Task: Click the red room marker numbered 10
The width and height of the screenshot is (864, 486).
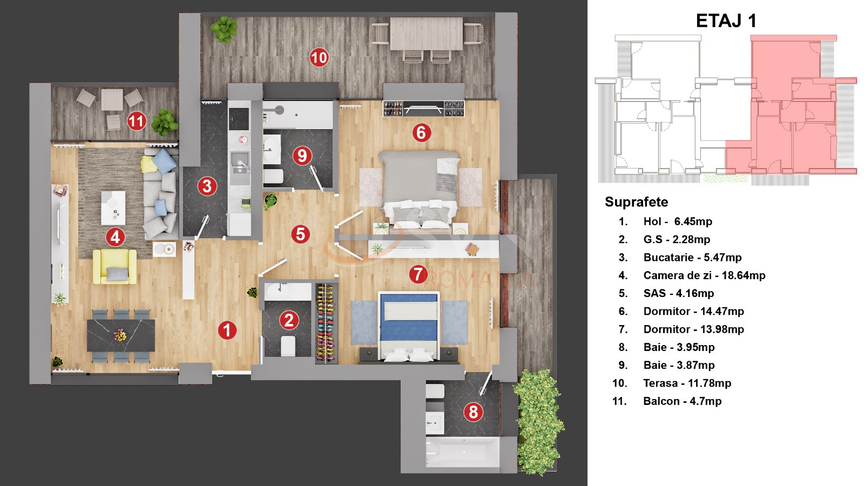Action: point(319,57)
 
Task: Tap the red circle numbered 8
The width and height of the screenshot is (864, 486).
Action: point(473,412)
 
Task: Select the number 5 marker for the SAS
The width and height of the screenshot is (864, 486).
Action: point(300,234)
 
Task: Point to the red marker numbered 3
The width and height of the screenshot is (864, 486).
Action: point(207,186)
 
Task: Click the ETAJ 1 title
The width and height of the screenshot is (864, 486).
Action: point(726,21)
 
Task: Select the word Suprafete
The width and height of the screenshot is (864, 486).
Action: point(636,202)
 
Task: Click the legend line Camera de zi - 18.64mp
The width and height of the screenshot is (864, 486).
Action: point(704,275)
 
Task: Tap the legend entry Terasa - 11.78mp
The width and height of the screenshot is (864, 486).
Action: point(687,383)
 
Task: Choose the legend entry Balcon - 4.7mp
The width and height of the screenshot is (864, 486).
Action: point(682,401)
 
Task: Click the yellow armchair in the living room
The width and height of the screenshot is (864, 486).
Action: point(114,266)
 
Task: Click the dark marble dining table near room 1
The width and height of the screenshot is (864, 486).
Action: point(121,335)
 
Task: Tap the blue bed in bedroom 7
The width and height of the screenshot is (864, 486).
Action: point(409,324)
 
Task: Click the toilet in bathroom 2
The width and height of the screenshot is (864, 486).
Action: point(288,346)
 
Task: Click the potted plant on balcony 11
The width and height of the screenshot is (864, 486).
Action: point(164,123)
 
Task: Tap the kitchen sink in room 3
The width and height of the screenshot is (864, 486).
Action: point(239,161)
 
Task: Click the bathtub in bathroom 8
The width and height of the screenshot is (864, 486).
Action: point(462,452)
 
